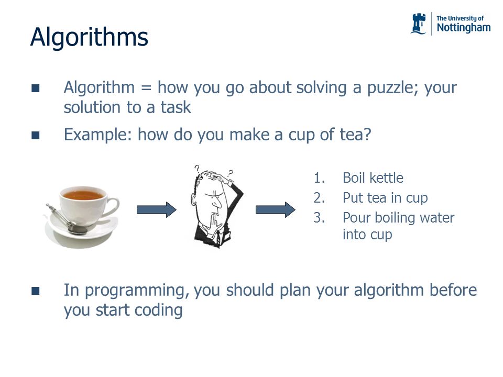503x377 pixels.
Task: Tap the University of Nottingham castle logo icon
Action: (419, 24)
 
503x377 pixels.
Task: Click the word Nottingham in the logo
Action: (463, 28)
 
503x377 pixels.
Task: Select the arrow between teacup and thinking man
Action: (156, 209)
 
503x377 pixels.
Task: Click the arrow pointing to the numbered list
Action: (275, 209)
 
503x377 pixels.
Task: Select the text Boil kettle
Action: (373, 178)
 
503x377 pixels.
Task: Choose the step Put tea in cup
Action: (385, 198)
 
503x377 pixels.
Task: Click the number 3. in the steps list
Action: (319, 218)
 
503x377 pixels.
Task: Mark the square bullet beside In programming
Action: (35, 291)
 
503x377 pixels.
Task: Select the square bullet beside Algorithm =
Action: (35, 88)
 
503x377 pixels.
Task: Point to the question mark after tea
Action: (367, 135)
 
